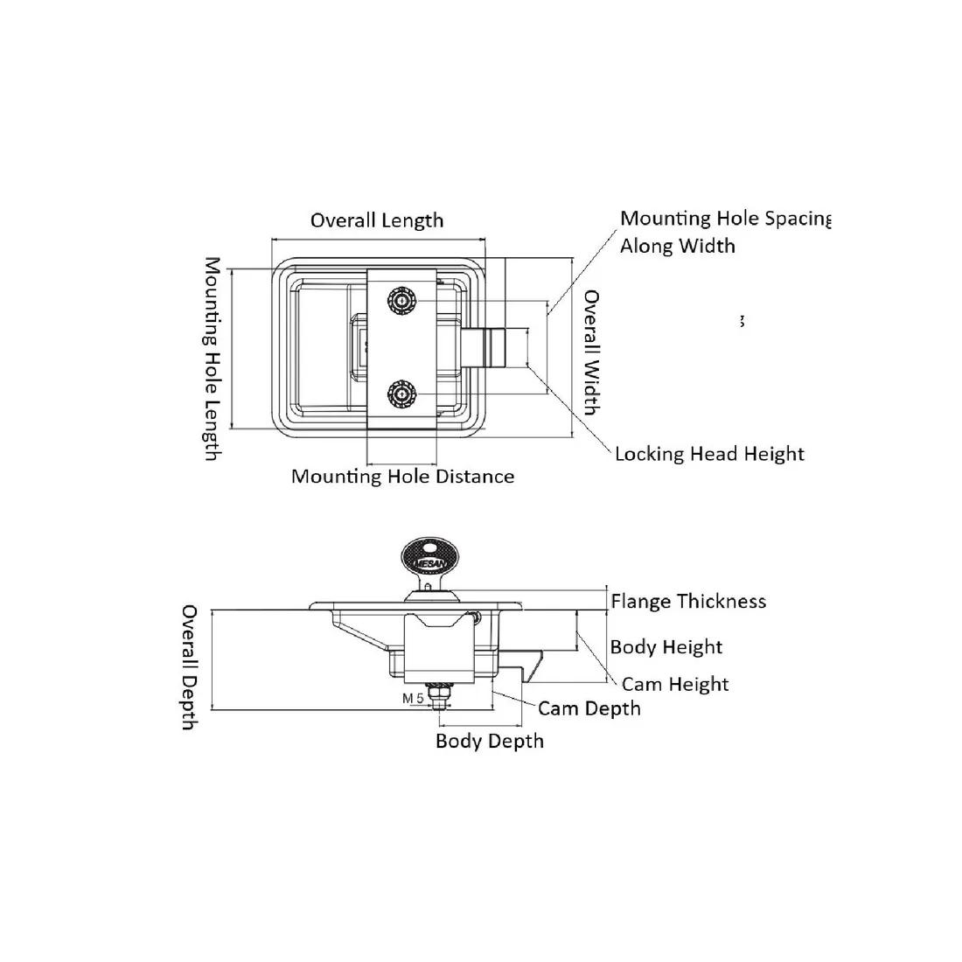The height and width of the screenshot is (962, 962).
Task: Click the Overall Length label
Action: click(x=377, y=220)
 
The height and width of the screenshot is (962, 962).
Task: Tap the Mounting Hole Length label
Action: click(x=212, y=359)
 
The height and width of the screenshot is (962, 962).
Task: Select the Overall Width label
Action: click(x=592, y=352)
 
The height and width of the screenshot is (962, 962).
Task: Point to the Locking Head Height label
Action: click(x=709, y=454)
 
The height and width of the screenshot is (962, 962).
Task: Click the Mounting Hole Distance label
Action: click(x=402, y=477)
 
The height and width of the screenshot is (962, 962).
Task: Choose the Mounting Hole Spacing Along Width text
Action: click(x=724, y=232)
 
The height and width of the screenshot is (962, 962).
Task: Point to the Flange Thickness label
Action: click(x=688, y=602)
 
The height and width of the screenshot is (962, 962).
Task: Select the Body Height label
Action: click(x=666, y=647)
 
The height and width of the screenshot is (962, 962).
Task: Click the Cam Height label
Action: click(x=675, y=684)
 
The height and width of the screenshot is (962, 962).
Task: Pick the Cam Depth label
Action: click(x=589, y=708)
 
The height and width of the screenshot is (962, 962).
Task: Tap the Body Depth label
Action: click(x=490, y=742)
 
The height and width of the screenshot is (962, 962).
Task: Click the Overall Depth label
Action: click(x=189, y=666)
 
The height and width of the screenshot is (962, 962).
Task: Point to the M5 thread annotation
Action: click(x=413, y=698)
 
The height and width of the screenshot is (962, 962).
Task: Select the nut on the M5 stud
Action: click(x=437, y=694)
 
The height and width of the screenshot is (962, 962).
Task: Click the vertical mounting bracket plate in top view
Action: click(x=401, y=347)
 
